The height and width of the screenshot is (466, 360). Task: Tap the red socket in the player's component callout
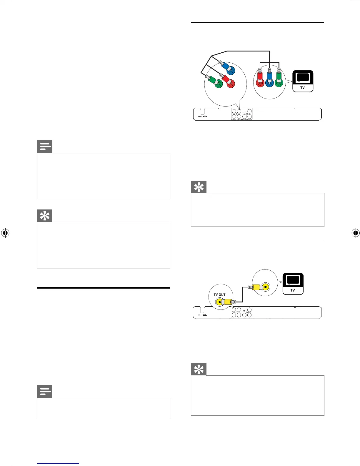[231, 84]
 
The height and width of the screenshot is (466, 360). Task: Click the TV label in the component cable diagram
[302, 88]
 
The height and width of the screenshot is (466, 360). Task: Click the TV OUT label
[219, 294]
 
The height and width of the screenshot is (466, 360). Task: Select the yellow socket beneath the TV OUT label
[219, 302]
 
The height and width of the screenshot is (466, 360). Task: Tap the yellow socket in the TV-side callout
[266, 287]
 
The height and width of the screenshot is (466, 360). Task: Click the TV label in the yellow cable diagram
[293, 290]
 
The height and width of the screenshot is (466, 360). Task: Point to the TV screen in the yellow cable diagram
[293, 280]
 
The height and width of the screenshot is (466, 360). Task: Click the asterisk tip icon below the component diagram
[199, 187]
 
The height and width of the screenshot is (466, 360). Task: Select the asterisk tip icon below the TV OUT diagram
[199, 370]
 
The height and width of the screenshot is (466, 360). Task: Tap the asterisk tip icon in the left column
[45, 216]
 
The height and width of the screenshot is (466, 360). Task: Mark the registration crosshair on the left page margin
[5, 233]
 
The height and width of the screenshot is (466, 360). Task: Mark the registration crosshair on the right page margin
[355, 233]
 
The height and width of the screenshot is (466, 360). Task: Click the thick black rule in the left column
[104, 288]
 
